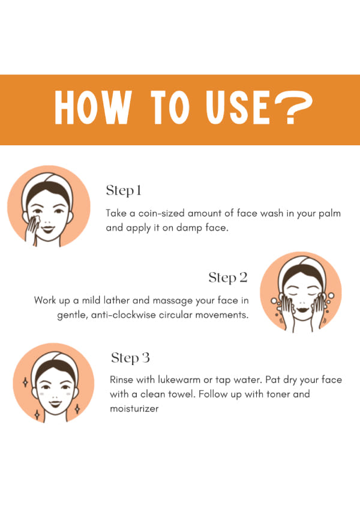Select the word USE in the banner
(238, 107)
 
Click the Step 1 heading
(124, 190)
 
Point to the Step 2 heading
(228, 277)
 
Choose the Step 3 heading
(130, 358)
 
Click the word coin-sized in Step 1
(161, 213)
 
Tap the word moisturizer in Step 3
(134, 408)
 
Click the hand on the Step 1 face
(33, 229)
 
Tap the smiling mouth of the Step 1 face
(48, 229)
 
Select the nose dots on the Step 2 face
(302, 303)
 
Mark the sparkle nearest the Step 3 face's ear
(25, 382)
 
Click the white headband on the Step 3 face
(53, 357)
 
